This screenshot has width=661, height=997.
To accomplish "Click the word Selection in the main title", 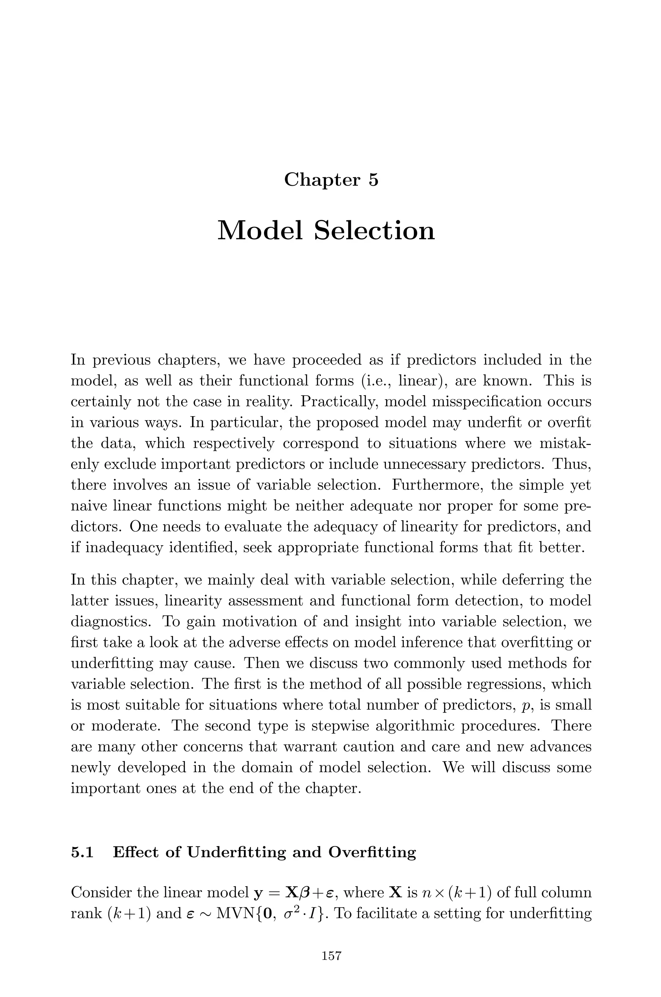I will [x=374, y=231].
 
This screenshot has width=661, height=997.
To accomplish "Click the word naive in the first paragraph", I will [x=89, y=506].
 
